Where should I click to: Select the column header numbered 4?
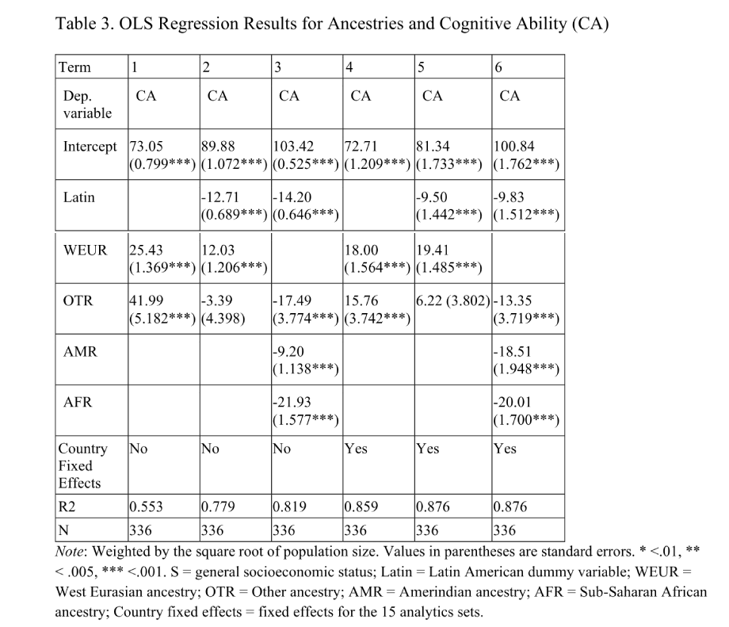pos(350,67)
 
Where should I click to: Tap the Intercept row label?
pos(90,147)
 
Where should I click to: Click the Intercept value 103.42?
pos(293,147)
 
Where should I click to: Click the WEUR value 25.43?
pos(148,250)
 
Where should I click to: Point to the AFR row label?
pos(78,403)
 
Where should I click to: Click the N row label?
pos(63,530)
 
